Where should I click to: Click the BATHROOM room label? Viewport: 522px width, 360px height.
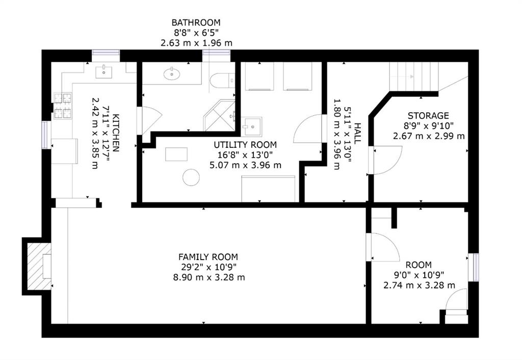tap(196, 22)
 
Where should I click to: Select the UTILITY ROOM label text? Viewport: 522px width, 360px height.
tap(245, 145)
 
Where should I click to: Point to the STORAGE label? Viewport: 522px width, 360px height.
tap(428, 116)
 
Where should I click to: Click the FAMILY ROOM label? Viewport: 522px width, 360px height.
tap(208, 257)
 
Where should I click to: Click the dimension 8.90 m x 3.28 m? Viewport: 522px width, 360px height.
tap(209, 277)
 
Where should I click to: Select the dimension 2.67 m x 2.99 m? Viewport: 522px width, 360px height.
tap(429, 136)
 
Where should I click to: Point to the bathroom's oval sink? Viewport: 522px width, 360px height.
tap(172, 74)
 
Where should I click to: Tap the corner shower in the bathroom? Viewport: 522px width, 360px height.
tap(220, 115)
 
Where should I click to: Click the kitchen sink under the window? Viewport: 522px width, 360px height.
tap(104, 72)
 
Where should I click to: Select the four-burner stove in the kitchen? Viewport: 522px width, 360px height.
tap(63, 106)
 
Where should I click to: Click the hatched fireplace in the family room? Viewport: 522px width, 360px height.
tap(39, 266)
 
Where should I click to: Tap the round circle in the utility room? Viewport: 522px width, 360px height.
tap(191, 177)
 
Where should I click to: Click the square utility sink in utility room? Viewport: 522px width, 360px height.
tap(252, 126)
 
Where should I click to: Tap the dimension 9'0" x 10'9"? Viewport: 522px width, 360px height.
tap(419, 275)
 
